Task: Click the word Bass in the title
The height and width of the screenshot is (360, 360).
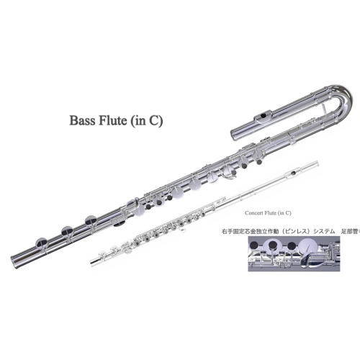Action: point(81,120)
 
